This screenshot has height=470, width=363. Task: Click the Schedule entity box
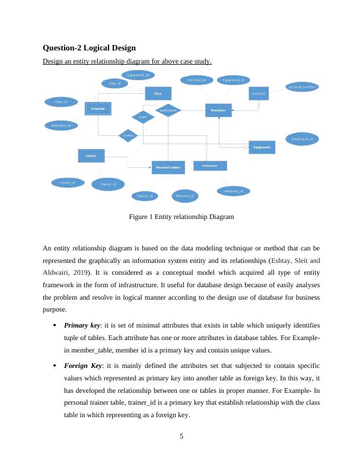tap(98, 109)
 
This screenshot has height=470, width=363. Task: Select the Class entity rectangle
tap(158, 93)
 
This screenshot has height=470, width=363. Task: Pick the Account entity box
tap(258, 94)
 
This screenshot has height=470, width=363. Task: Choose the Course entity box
tap(91, 155)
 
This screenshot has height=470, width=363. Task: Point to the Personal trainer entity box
tap(168, 168)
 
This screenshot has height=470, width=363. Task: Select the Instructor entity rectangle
tap(209, 165)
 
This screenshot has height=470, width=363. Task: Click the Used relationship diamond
tap(143, 117)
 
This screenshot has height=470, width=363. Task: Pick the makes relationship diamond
tap(128, 136)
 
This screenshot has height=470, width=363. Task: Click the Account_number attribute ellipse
tap(302, 87)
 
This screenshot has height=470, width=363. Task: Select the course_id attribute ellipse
tap(63, 182)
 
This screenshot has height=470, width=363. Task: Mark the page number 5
tap(181, 438)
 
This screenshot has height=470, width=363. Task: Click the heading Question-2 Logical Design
tap(90, 47)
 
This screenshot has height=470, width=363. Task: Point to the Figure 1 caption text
tap(181, 217)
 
